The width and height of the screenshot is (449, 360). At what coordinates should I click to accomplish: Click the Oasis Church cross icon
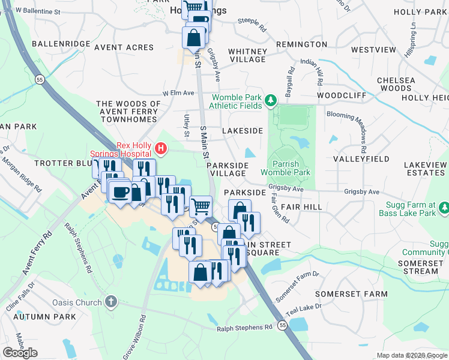tap(110, 301)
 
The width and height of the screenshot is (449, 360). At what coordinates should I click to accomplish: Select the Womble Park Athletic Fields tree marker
tap(271, 100)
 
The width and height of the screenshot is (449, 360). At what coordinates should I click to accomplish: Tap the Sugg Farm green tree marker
tap(444, 208)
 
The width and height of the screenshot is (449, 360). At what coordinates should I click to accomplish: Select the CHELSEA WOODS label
tap(396, 84)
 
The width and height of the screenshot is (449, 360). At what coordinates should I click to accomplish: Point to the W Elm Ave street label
tap(178, 93)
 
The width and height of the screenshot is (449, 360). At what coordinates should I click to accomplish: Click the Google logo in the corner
tap(20, 353)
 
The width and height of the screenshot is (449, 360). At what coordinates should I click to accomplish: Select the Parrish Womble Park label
tap(291, 168)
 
